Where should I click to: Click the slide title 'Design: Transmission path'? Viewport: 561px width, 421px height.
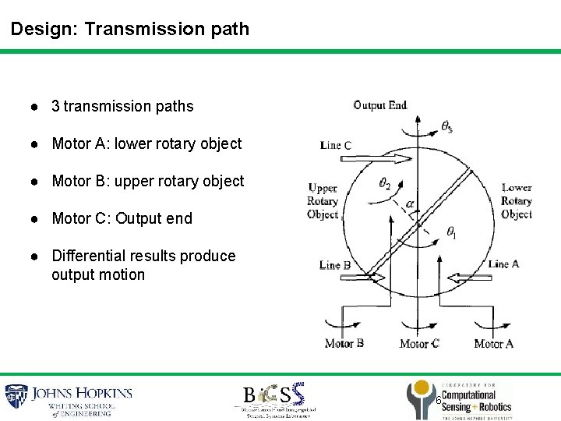pyautogui.click(x=130, y=30)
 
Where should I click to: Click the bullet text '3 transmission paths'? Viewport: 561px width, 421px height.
pyautogui.click(x=122, y=106)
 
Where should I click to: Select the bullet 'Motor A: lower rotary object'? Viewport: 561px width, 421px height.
pyautogui.click(x=146, y=143)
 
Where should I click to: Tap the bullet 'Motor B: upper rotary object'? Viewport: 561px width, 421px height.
pyautogui.click(x=147, y=181)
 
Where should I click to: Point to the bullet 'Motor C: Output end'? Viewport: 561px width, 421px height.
pyautogui.click(x=122, y=218)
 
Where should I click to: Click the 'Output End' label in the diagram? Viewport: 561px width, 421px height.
pyautogui.click(x=379, y=105)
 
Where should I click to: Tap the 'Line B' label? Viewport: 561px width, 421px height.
pyautogui.click(x=334, y=265)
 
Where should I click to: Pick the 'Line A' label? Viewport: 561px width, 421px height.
pyautogui.click(x=503, y=264)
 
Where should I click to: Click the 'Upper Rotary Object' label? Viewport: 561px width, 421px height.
pyautogui.click(x=323, y=201)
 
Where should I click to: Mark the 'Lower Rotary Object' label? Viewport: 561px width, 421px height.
pyautogui.click(x=517, y=201)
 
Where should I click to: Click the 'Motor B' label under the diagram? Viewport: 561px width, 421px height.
pyautogui.click(x=344, y=343)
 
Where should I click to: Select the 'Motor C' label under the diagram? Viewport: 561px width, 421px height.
pyautogui.click(x=419, y=343)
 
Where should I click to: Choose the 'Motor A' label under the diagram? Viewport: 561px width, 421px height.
pyautogui.click(x=494, y=343)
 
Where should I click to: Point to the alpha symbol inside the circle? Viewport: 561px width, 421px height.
pyautogui.click(x=410, y=204)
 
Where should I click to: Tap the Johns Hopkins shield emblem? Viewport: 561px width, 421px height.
pyautogui.click(x=16, y=398)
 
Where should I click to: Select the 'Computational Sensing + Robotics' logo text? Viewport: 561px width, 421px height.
pyautogui.click(x=476, y=402)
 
